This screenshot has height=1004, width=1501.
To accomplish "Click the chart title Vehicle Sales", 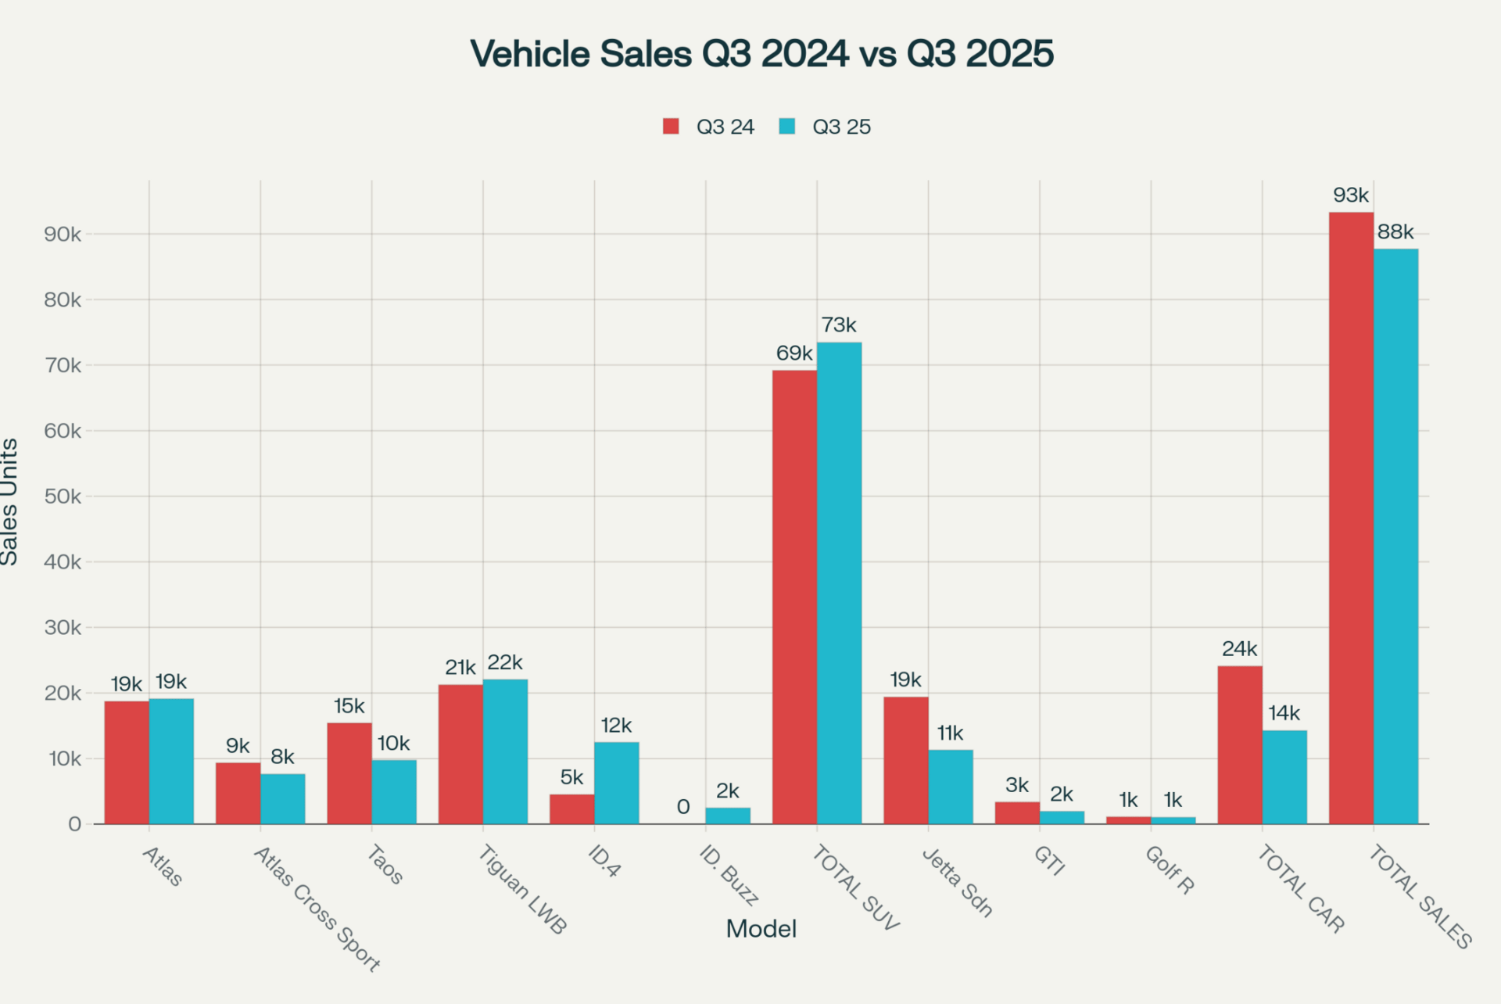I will pos(761,54).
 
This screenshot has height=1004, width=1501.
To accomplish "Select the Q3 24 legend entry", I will pos(708,127).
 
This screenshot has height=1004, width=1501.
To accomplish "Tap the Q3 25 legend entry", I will pos(825,127).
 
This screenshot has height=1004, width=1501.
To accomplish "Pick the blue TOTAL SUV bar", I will pos(840,583).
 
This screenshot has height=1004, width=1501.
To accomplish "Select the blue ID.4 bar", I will pos(617,783).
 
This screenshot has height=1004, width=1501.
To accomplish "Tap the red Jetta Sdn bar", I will pos(906,760).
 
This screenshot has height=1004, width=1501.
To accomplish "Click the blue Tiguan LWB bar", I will pos(505,751).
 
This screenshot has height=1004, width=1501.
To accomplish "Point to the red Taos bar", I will pos(349,773).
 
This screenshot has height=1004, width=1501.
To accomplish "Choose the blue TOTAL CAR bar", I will pos(1284,777).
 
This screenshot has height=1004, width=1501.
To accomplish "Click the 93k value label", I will pos(1351,195).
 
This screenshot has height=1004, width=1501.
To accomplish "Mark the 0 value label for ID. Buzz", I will pos(683,807).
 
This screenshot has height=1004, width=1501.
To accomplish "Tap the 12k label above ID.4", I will pos(616,726).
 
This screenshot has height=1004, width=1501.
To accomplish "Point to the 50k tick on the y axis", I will pos(63,497).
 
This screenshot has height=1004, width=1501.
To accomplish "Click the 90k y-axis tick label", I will pos(63,235).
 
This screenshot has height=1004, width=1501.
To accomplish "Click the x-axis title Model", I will pos(761,929).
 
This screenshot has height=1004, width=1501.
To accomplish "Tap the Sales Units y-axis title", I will pos(9,501).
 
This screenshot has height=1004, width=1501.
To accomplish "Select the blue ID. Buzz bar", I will pos(728,816).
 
